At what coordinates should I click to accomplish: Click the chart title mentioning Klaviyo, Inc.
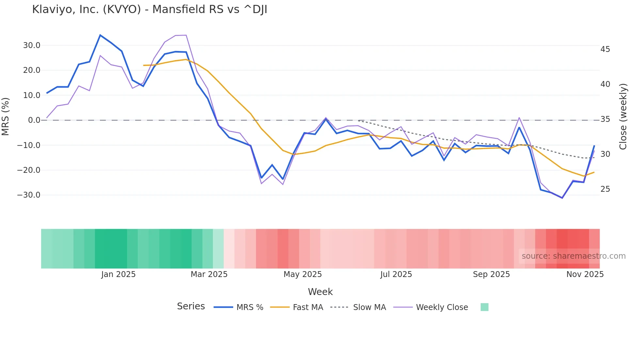150,9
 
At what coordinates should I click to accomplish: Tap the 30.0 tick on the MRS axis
32,45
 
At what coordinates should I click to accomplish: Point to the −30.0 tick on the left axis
29,195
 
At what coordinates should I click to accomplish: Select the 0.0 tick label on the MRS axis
34,120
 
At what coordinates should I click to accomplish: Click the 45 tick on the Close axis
605,49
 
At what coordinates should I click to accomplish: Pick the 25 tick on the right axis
605,189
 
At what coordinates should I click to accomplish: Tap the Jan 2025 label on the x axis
118,274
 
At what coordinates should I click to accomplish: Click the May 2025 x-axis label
302,274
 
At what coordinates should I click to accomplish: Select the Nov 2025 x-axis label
585,274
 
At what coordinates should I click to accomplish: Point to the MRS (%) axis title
6,116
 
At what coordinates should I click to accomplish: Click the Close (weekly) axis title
623,117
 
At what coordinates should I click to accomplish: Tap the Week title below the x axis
320,292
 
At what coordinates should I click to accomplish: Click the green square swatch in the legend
485,307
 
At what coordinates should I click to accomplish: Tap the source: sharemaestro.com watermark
573,256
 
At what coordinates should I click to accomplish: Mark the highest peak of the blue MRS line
100,35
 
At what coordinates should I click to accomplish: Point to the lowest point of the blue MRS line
562,198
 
